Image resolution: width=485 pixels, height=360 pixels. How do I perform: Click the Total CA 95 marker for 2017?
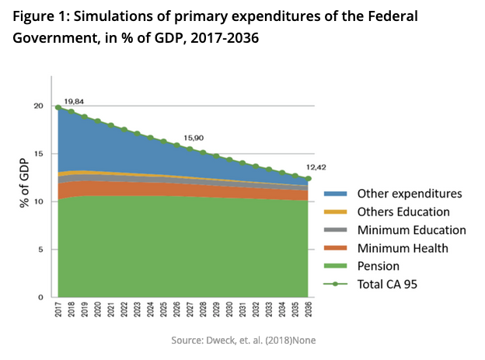pyautogui.click(x=58, y=107)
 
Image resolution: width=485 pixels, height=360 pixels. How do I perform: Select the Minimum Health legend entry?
pyautogui.click(x=393, y=248)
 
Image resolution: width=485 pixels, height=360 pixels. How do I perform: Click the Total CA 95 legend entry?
pyautogui.click(x=386, y=285)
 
